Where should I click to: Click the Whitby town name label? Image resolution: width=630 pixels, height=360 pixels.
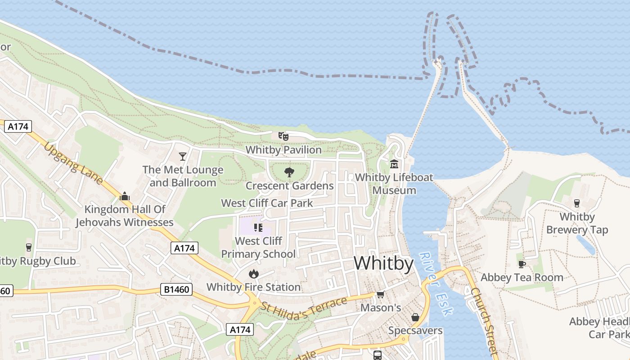[383, 264]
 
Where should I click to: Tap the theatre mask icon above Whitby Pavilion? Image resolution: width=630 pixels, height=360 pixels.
[283, 136]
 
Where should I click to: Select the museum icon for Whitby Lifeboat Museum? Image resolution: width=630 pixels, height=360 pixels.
[394, 164]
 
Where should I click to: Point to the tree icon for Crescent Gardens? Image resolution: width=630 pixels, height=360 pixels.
[289, 172]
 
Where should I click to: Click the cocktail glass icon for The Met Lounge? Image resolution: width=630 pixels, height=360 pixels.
[182, 156]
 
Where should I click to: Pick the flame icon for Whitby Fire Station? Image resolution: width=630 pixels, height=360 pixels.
[253, 274]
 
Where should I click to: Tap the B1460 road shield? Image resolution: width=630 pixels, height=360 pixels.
[176, 289]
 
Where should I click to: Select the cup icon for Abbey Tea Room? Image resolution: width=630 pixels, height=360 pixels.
[522, 264]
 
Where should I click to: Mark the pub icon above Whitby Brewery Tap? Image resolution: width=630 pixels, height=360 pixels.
[577, 203]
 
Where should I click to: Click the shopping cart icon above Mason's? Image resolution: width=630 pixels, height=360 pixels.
[380, 295]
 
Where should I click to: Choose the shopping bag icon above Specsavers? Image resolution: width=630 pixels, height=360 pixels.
[415, 317]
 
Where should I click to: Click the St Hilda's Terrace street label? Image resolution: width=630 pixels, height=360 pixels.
[304, 308]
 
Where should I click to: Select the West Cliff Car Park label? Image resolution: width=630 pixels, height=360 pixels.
[267, 203]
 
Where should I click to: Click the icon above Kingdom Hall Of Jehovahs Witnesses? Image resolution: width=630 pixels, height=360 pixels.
[124, 196]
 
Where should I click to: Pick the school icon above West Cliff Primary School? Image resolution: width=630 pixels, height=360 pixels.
[258, 228]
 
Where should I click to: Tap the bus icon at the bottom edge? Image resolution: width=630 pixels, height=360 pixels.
[377, 355]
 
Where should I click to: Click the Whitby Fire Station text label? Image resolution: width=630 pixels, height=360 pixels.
[253, 287]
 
